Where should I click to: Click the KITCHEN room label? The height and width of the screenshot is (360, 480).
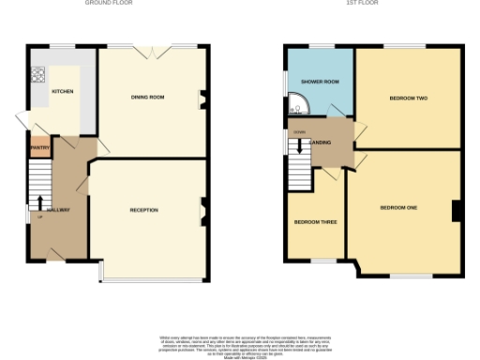tap(63, 92)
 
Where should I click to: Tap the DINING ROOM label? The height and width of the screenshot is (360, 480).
tap(147, 97)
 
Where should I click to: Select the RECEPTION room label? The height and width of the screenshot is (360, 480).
tap(143, 210)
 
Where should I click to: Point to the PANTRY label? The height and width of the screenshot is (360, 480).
tap(39, 147)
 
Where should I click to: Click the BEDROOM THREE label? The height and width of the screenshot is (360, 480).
tap(315, 222)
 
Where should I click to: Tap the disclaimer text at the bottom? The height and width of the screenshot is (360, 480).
tap(240, 345)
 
